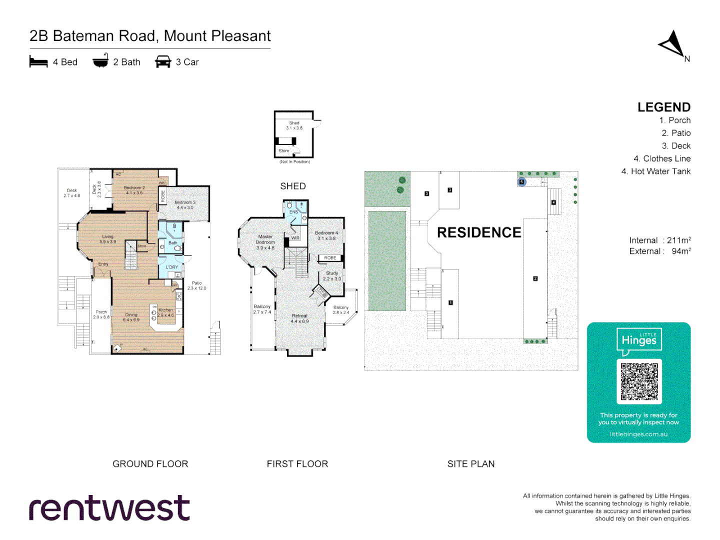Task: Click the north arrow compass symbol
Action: tap(673, 45)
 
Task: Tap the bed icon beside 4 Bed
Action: tap(38, 62)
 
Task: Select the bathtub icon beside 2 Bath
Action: tap(100, 61)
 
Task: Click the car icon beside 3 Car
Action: tap(163, 62)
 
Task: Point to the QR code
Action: tap(639, 381)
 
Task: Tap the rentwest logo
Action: tap(109, 508)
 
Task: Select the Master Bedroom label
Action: tap(265, 242)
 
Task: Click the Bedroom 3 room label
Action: tap(185, 205)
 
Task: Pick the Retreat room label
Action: tap(300, 318)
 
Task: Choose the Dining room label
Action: tap(131, 317)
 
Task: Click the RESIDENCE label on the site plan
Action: tap(479, 232)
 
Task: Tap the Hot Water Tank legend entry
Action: tap(656, 171)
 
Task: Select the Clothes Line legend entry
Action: tap(662, 158)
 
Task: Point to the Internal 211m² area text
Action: tap(660, 240)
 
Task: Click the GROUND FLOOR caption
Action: tap(150, 464)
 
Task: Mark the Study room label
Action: tap(332, 276)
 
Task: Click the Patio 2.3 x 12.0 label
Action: tap(196, 285)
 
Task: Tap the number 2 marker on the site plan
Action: tap(535, 278)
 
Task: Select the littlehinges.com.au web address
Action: tap(638, 434)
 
